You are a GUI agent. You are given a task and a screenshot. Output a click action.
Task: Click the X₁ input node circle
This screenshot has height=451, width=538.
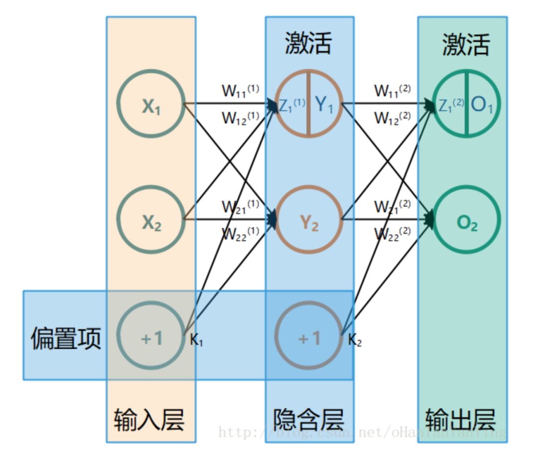pyautogui.click(x=151, y=104)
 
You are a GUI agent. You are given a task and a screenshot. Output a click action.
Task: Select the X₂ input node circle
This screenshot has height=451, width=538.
pyautogui.click(x=151, y=220)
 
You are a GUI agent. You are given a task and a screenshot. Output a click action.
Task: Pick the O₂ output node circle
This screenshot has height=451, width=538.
pyautogui.click(x=467, y=220)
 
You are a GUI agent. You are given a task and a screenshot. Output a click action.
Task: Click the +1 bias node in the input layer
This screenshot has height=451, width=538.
pyautogui.click(x=151, y=338)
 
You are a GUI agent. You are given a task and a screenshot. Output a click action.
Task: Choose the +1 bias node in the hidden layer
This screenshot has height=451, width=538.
pyautogui.click(x=309, y=338)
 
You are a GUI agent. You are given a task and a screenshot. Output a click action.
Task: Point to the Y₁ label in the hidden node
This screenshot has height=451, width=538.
pyautogui.click(x=324, y=105)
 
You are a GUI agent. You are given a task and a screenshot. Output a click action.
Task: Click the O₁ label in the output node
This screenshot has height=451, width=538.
pyautogui.click(x=482, y=105)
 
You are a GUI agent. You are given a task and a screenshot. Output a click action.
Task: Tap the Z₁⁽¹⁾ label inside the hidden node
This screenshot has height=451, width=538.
pyautogui.click(x=292, y=105)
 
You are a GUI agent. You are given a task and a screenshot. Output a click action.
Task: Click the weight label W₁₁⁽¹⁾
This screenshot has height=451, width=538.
pyautogui.click(x=241, y=91)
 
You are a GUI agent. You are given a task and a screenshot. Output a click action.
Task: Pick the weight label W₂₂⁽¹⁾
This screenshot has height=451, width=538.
pyautogui.click(x=241, y=234)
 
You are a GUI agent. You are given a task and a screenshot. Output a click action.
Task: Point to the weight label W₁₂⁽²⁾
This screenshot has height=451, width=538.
pyautogui.click(x=393, y=118)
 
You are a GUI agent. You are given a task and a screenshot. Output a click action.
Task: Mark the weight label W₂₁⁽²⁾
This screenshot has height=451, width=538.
pyautogui.click(x=393, y=206)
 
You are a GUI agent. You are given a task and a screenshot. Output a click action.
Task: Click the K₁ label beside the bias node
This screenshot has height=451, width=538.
pyautogui.click(x=196, y=340)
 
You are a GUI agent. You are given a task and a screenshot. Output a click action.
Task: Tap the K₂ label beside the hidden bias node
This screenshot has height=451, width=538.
pyautogui.click(x=355, y=340)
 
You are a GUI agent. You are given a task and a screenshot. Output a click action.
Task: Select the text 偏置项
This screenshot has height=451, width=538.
pyautogui.click(x=66, y=338)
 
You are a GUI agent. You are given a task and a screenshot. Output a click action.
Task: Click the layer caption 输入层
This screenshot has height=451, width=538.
pyautogui.click(x=149, y=420)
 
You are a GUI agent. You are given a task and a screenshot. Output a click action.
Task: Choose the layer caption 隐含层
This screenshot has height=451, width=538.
pyautogui.click(x=309, y=420)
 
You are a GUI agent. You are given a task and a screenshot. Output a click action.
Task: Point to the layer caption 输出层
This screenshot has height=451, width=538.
pyautogui.click(x=461, y=420)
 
